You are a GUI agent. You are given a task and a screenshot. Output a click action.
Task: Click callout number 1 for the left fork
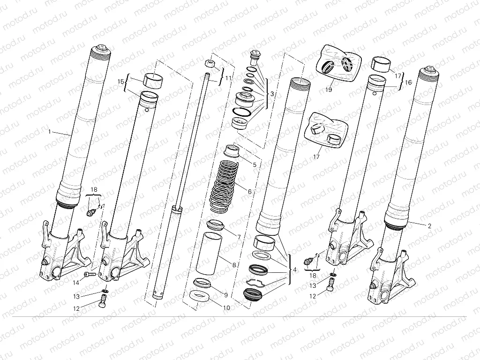(x=49, y=132)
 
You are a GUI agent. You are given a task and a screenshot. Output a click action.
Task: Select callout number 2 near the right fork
(x=429, y=225)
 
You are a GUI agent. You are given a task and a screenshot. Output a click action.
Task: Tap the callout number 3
(x=272, y=94)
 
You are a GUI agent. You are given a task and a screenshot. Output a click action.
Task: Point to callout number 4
(x=295, y=270)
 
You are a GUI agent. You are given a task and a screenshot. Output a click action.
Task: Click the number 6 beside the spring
(x=249, y=191)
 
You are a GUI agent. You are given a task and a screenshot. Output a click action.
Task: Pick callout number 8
(x=234, y=265)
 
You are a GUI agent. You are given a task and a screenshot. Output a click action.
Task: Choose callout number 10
(x=226, y=308)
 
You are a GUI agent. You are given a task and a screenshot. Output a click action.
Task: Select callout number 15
(x=120, y=82)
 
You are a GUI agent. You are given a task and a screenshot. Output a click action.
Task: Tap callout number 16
(x=408, y=82)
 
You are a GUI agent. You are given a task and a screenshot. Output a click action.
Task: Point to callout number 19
(x=329, y=90)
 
